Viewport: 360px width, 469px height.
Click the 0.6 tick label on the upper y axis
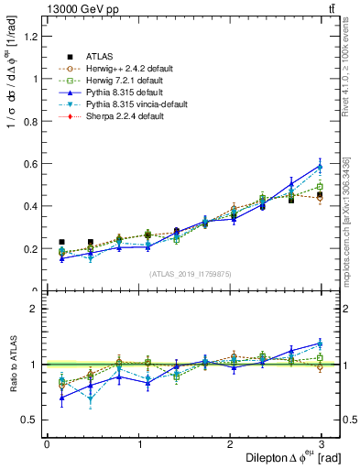pyautogui.click(x=32, y=164)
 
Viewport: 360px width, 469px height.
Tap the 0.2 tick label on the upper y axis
pyautogui.click(x=32, y=248)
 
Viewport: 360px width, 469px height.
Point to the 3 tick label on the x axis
pyautogui.click(x=322, y=444)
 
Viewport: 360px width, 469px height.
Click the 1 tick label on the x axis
pyautogui.click(x=138, y=444)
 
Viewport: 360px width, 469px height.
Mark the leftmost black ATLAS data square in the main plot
pyautogui.click(x=61, y=242)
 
